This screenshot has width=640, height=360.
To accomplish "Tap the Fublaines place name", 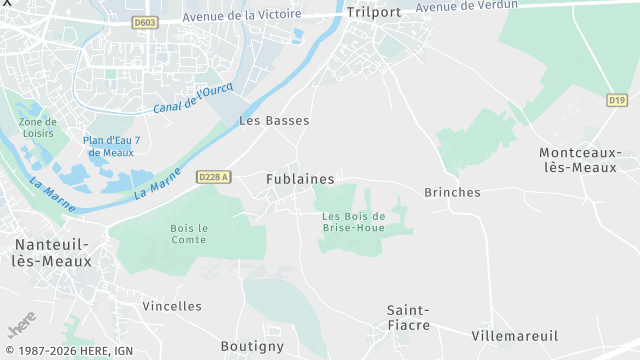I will point(300,179).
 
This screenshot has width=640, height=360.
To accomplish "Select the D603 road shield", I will point(145,23).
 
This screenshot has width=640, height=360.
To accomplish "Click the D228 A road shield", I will point(214,177).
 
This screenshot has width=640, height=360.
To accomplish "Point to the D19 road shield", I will point(616,100).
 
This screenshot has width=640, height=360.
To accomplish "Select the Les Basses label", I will point(274,121).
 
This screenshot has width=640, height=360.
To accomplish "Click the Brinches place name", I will point(452,192).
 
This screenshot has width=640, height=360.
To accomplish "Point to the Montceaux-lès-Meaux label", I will point(580,160).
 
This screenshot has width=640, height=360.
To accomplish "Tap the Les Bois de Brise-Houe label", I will point(354,222).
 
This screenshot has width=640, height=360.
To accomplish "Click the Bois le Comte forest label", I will point(188,234).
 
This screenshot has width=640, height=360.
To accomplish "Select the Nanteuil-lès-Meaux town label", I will point(53,253).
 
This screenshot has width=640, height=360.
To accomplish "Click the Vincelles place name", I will point(172,306).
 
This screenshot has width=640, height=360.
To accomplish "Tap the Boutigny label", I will point(252,346).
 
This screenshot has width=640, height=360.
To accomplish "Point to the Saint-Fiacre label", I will point(408,318).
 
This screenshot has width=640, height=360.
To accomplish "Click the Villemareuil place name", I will point(514,336).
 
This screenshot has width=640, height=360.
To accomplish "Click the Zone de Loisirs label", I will point(37,128).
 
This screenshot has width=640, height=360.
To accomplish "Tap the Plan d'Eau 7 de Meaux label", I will point(111,146).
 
